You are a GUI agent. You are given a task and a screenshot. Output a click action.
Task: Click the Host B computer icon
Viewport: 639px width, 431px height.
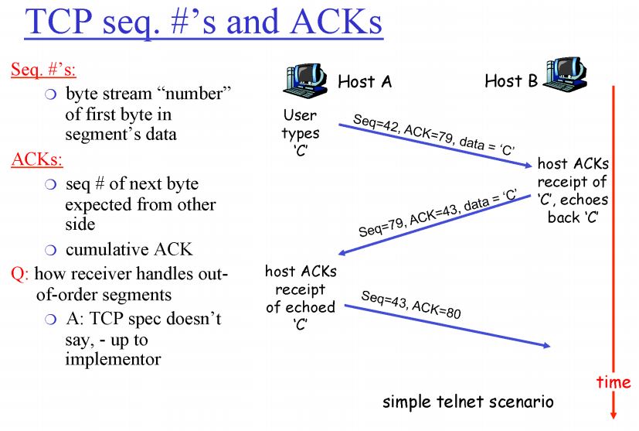pos(567,74)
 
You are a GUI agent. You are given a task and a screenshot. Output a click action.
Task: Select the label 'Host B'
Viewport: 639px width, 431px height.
pos(510,80)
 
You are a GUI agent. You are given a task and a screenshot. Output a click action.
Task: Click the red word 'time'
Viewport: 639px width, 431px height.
pos(613,382)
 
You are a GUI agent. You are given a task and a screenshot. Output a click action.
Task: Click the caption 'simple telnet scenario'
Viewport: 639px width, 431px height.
pos(468,402)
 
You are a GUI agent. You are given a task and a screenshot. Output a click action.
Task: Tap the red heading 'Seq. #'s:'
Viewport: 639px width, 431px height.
pos(43,69)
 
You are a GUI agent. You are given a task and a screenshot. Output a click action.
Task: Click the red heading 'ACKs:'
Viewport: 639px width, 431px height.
pos(36,160)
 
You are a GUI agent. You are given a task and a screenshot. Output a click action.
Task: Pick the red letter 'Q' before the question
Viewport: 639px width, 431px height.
pos(17,273)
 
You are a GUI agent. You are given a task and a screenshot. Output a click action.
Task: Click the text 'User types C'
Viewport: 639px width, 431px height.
pos(300,132)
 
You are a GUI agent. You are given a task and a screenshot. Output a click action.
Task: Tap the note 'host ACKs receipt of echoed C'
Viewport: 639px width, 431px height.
pos(300,298)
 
